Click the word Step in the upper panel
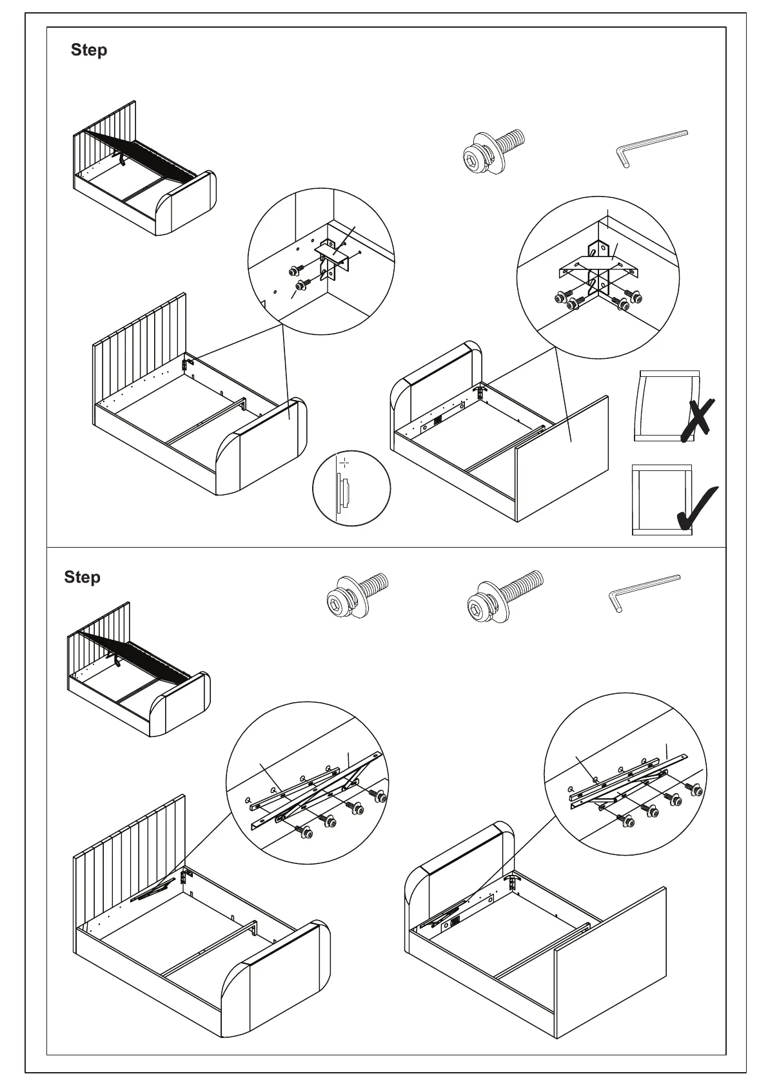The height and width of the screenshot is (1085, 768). (x=89, y=50)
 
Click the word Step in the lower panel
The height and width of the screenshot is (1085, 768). (x=82, y=577)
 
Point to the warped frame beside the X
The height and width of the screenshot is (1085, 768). (x=667, y=405)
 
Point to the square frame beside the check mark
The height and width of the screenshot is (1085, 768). (x=662, y=499)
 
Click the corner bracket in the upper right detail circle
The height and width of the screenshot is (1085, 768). (x=599, y=271)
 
